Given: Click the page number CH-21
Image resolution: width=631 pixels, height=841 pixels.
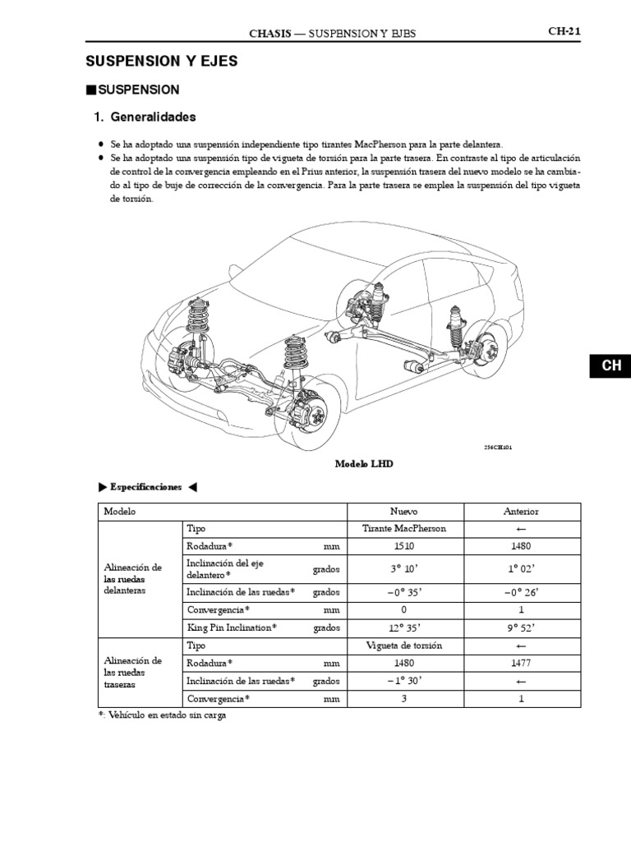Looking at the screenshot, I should [564, 32].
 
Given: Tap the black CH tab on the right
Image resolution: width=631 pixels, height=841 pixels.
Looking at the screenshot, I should [610, 366].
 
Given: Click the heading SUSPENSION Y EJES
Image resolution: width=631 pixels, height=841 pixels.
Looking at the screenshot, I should [161, 62].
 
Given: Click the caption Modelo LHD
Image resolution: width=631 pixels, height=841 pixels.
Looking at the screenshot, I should [364, 464].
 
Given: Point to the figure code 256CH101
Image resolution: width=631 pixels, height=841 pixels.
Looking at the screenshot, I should [503, 448].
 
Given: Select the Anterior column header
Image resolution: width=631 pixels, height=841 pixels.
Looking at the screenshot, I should [520, 511].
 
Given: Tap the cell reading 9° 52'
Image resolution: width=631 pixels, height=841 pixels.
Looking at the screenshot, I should [520, 627].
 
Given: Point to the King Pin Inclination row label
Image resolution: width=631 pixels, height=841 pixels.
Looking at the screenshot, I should [232, 627].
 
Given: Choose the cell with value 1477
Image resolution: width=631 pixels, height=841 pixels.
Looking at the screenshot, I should [520, 663].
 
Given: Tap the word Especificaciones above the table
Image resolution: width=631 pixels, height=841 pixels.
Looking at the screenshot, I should [146, 487].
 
